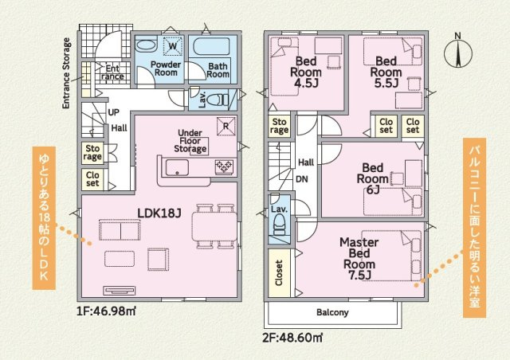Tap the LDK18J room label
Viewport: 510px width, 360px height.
pos(159,213)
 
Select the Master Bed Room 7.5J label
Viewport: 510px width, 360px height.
pos(359,259)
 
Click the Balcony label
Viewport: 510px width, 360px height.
pos(332,312)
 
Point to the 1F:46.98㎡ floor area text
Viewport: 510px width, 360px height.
pos(106,311)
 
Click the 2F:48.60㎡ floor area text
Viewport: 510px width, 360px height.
pos(292,338)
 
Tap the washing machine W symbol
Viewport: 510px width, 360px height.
pos(173,46)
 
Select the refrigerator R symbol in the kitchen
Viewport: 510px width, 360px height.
pos(226,126)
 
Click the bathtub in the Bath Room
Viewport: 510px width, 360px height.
pos(211,47)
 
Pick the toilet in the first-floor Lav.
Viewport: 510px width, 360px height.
pos(221,100)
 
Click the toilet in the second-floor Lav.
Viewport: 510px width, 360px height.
pos(279,224)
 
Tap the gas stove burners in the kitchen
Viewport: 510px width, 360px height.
pos(224,166)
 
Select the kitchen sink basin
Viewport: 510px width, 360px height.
pos(177,167)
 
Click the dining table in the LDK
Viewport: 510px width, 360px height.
pos(214,227)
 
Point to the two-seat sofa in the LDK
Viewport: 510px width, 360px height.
pos(120,229)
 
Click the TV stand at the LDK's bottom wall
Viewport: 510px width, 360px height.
pos(119,291)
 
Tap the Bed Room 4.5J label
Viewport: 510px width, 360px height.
pos(306,72)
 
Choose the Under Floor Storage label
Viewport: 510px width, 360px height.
pos(190,141)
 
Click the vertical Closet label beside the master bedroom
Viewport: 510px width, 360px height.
pos(279,272)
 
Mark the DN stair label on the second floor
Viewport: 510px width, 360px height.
pos(302,179)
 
